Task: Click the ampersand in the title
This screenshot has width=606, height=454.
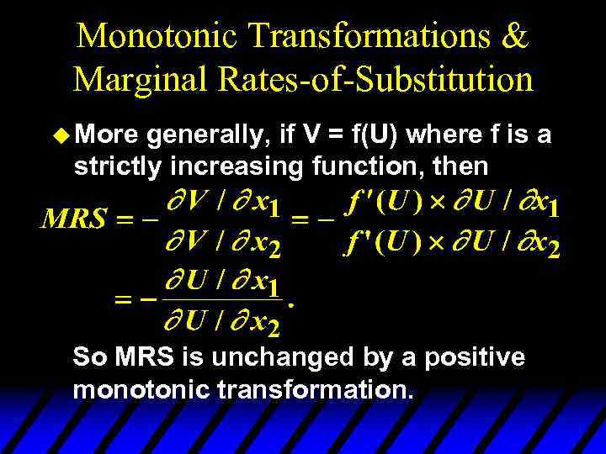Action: click(515, 36)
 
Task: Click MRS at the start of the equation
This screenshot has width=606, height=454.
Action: click(74, 220)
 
